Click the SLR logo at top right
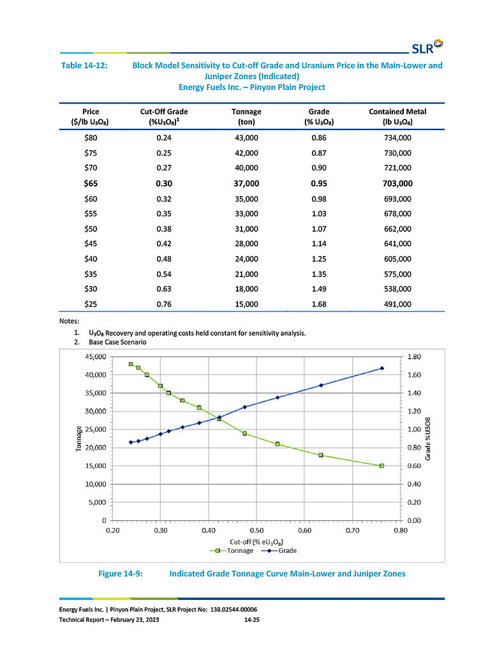(427, 47)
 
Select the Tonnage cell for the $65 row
(246, 183)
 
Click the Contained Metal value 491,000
(397, 304)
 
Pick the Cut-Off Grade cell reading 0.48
(164, 259)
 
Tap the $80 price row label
(91, 137)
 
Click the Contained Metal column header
(397, 117)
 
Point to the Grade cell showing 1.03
(319, 214)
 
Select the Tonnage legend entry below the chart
(232, 551)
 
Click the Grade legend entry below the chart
(279, 551)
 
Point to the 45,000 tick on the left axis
(96, 356)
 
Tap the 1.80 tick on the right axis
(414, 356)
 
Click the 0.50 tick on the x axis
(257, 530)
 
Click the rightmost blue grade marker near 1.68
(382, 368)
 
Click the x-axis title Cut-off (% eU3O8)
(257, 542)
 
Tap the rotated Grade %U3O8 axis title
(427, 439)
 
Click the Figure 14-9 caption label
(121, 573)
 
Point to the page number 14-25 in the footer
(252, 620)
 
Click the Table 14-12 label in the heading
(84, 65)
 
